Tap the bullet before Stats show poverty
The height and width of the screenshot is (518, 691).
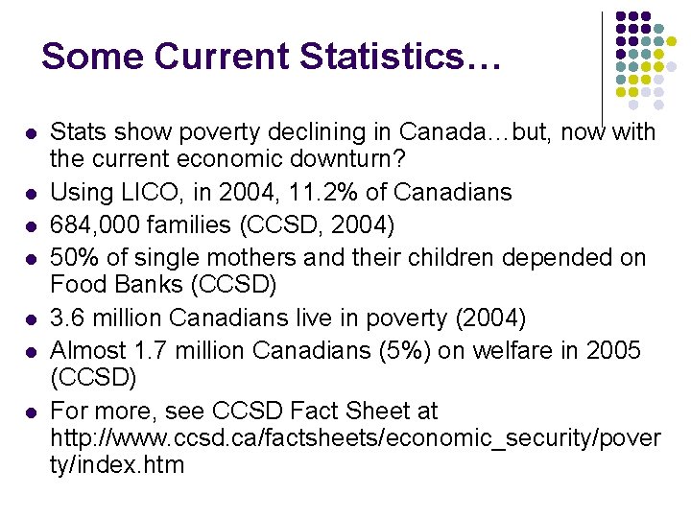(x=32, y=132)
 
